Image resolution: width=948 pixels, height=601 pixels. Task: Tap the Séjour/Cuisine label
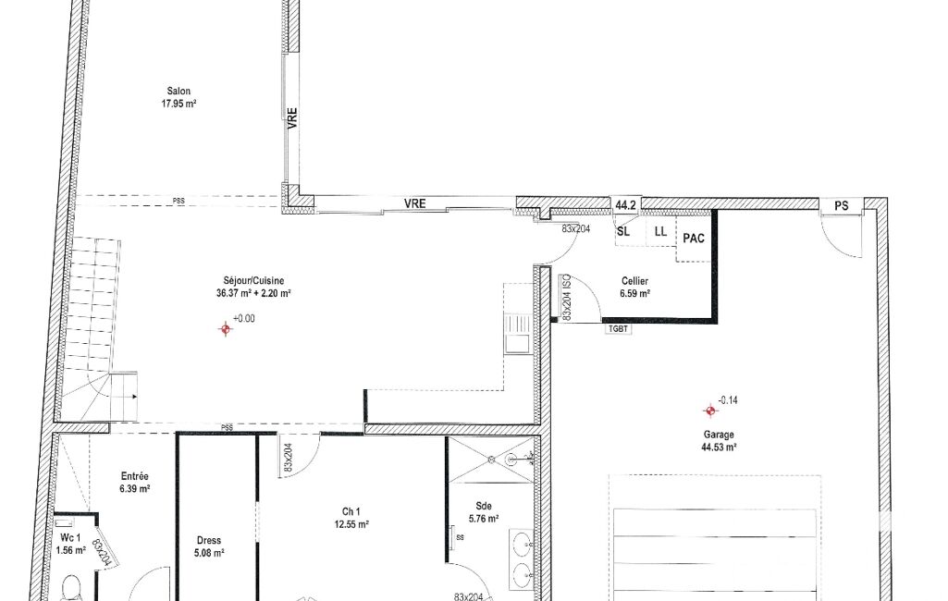pyautogui.click(x=253, y=281)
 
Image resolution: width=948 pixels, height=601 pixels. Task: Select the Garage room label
pyautogui.click(x=719, y=435)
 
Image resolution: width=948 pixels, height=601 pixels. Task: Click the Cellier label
pyautogui.click(x=634, y=281)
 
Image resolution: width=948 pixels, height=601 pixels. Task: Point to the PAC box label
pyautogui.click(x=694, y=239)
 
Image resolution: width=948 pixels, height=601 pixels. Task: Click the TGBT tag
pyautogui.click(x=618, y=329)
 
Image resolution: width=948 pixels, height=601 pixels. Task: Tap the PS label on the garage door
pyautogui.click(x=841, y=206)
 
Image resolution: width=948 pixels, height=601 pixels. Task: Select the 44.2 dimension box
pyautogui.click(x=626, y=205)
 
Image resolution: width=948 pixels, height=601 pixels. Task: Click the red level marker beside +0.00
pyautogui.click(x=226, y=329)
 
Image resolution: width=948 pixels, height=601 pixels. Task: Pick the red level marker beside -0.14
pyautogui.click(x=710, y=411)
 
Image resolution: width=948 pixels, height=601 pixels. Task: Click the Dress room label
pyautogui.click(x=209, y=541)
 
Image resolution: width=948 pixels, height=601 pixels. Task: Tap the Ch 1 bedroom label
pyautogui.click(x=351, y=512)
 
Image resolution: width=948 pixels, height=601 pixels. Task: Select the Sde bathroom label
pyautogui.click(x=484, y=506)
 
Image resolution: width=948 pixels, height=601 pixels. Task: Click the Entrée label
pyautogui.click(x=135, y=476)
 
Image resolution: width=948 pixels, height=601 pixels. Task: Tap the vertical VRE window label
pyautogui.click(x=292, y=118)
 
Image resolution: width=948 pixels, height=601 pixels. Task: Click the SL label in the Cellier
pyautogui.click(x=623, y=231)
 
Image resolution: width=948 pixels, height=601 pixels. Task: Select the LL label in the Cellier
pyautogui.click(x=660, y=231)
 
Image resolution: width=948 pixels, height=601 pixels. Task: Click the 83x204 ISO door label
pyautogui.click(x=567, y=298)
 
